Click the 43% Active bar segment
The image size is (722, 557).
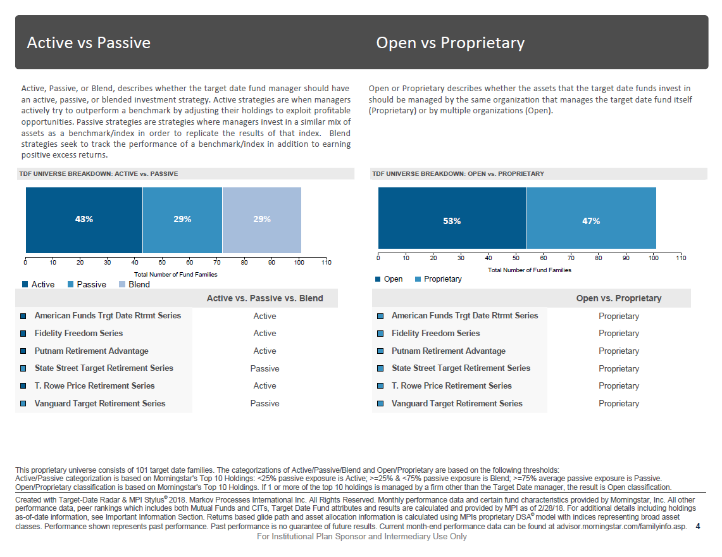coord(84,220)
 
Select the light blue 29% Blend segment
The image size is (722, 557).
coord(261,220)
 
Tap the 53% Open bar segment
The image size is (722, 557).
coord(452,218)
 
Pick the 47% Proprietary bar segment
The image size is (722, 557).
coord(591,218)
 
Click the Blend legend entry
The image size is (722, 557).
coord(134,284)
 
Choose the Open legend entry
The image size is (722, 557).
coord(389,278)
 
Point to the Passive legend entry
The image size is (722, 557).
coord(87,284)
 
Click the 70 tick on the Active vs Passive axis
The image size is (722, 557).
coord(217,262)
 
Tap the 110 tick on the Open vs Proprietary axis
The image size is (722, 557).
coord(681,258)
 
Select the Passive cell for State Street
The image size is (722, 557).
coord(265,368)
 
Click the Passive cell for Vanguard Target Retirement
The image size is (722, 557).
coord(265,404)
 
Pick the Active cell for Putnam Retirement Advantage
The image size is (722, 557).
coord(265,351)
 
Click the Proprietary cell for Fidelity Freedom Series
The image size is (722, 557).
coord(619,333)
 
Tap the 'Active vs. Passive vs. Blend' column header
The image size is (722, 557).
coord(265,298)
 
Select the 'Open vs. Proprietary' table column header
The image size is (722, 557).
coord(619,298)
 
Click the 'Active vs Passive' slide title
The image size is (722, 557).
coord(89,42)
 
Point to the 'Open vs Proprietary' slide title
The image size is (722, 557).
coord(451,43)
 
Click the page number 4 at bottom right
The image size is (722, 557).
coord(698,526)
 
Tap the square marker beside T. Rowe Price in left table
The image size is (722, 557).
coord(23,386)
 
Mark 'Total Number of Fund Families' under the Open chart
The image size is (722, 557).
coord(530,270)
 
